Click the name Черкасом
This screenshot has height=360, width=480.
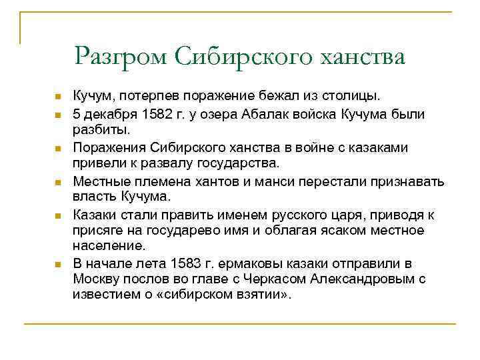click(236, 278)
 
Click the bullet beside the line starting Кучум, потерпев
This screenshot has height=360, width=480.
click(58, 98)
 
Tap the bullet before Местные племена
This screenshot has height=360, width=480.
click(58, 181)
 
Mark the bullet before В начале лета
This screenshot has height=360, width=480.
click(58, 265)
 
